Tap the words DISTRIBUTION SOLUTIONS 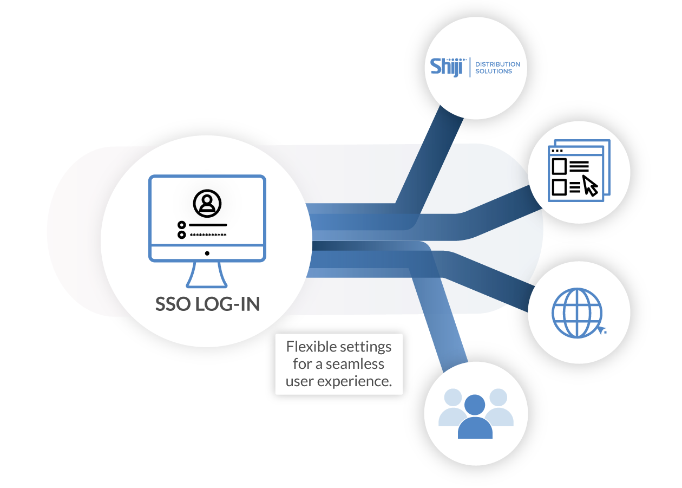click(497, 68)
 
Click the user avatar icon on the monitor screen click(206, 203)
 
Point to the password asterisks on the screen click(208, 235)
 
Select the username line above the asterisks click(208, 224)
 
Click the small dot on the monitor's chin click(207, 253)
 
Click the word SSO click(173, 304)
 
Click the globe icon click(576, 313)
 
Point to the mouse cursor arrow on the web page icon click(590, 185)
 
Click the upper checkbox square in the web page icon click(559, 166)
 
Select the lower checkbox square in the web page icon click(559, 187)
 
